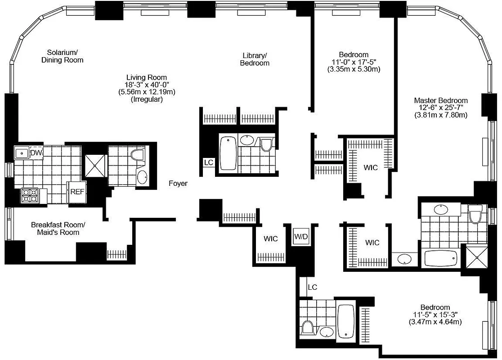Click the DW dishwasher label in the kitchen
(36, 153)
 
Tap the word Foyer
(178, 184)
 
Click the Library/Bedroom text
(255, 59)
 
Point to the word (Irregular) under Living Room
(147, 99)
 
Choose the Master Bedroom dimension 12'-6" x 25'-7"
(441, 108)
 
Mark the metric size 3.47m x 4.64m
(435, 322)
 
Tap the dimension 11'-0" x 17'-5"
(354, 62)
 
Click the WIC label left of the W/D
(270, 239)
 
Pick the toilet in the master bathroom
(475, 214)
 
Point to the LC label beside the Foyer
(208, 162)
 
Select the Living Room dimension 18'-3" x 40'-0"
(147, 85)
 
